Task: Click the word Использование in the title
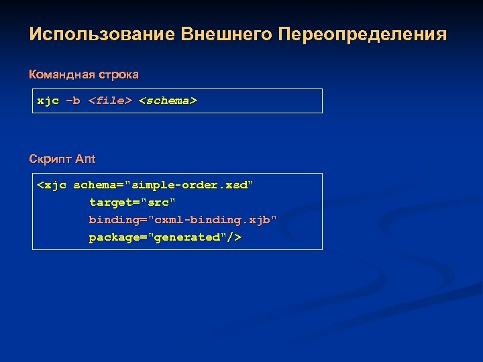coord(103,34)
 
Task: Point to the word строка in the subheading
coord(117,73)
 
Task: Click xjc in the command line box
coord(48,101)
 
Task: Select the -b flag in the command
coord(72,101)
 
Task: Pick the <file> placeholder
coord(110,101)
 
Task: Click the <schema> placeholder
coord(168,101)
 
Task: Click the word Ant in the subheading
coord(85,159)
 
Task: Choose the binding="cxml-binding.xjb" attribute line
coord(182,220)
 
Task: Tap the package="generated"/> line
coord(165,237)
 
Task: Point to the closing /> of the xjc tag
coord(235,237)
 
